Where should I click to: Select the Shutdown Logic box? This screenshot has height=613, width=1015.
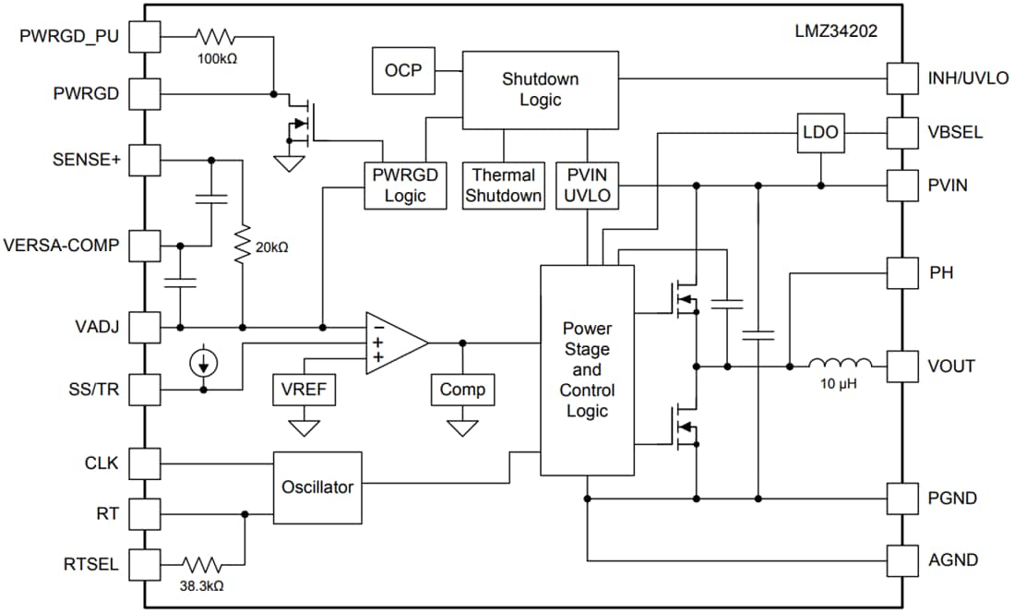(540, 90)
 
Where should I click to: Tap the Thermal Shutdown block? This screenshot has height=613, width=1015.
(503, 185)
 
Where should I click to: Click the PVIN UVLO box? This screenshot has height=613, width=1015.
(588, 185)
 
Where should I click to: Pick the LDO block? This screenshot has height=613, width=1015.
(820, 133)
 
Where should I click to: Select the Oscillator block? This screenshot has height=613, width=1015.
(317, 487)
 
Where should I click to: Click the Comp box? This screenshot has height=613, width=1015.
(462, 390)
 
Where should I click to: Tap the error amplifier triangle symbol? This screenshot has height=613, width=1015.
(393, 343)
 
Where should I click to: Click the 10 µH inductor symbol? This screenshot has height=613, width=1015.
(840, 366)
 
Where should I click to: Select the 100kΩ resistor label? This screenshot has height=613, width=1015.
(215, 58)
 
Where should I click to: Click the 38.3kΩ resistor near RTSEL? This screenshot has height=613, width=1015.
(201, 563)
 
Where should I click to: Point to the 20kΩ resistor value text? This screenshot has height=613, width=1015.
(271, 247)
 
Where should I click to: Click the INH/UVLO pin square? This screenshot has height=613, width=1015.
(902, 78)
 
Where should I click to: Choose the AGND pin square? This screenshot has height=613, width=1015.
(902, 559)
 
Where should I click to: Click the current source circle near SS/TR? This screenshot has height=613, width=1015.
(203, 363)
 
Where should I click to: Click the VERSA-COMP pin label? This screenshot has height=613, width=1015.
(62, 246)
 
